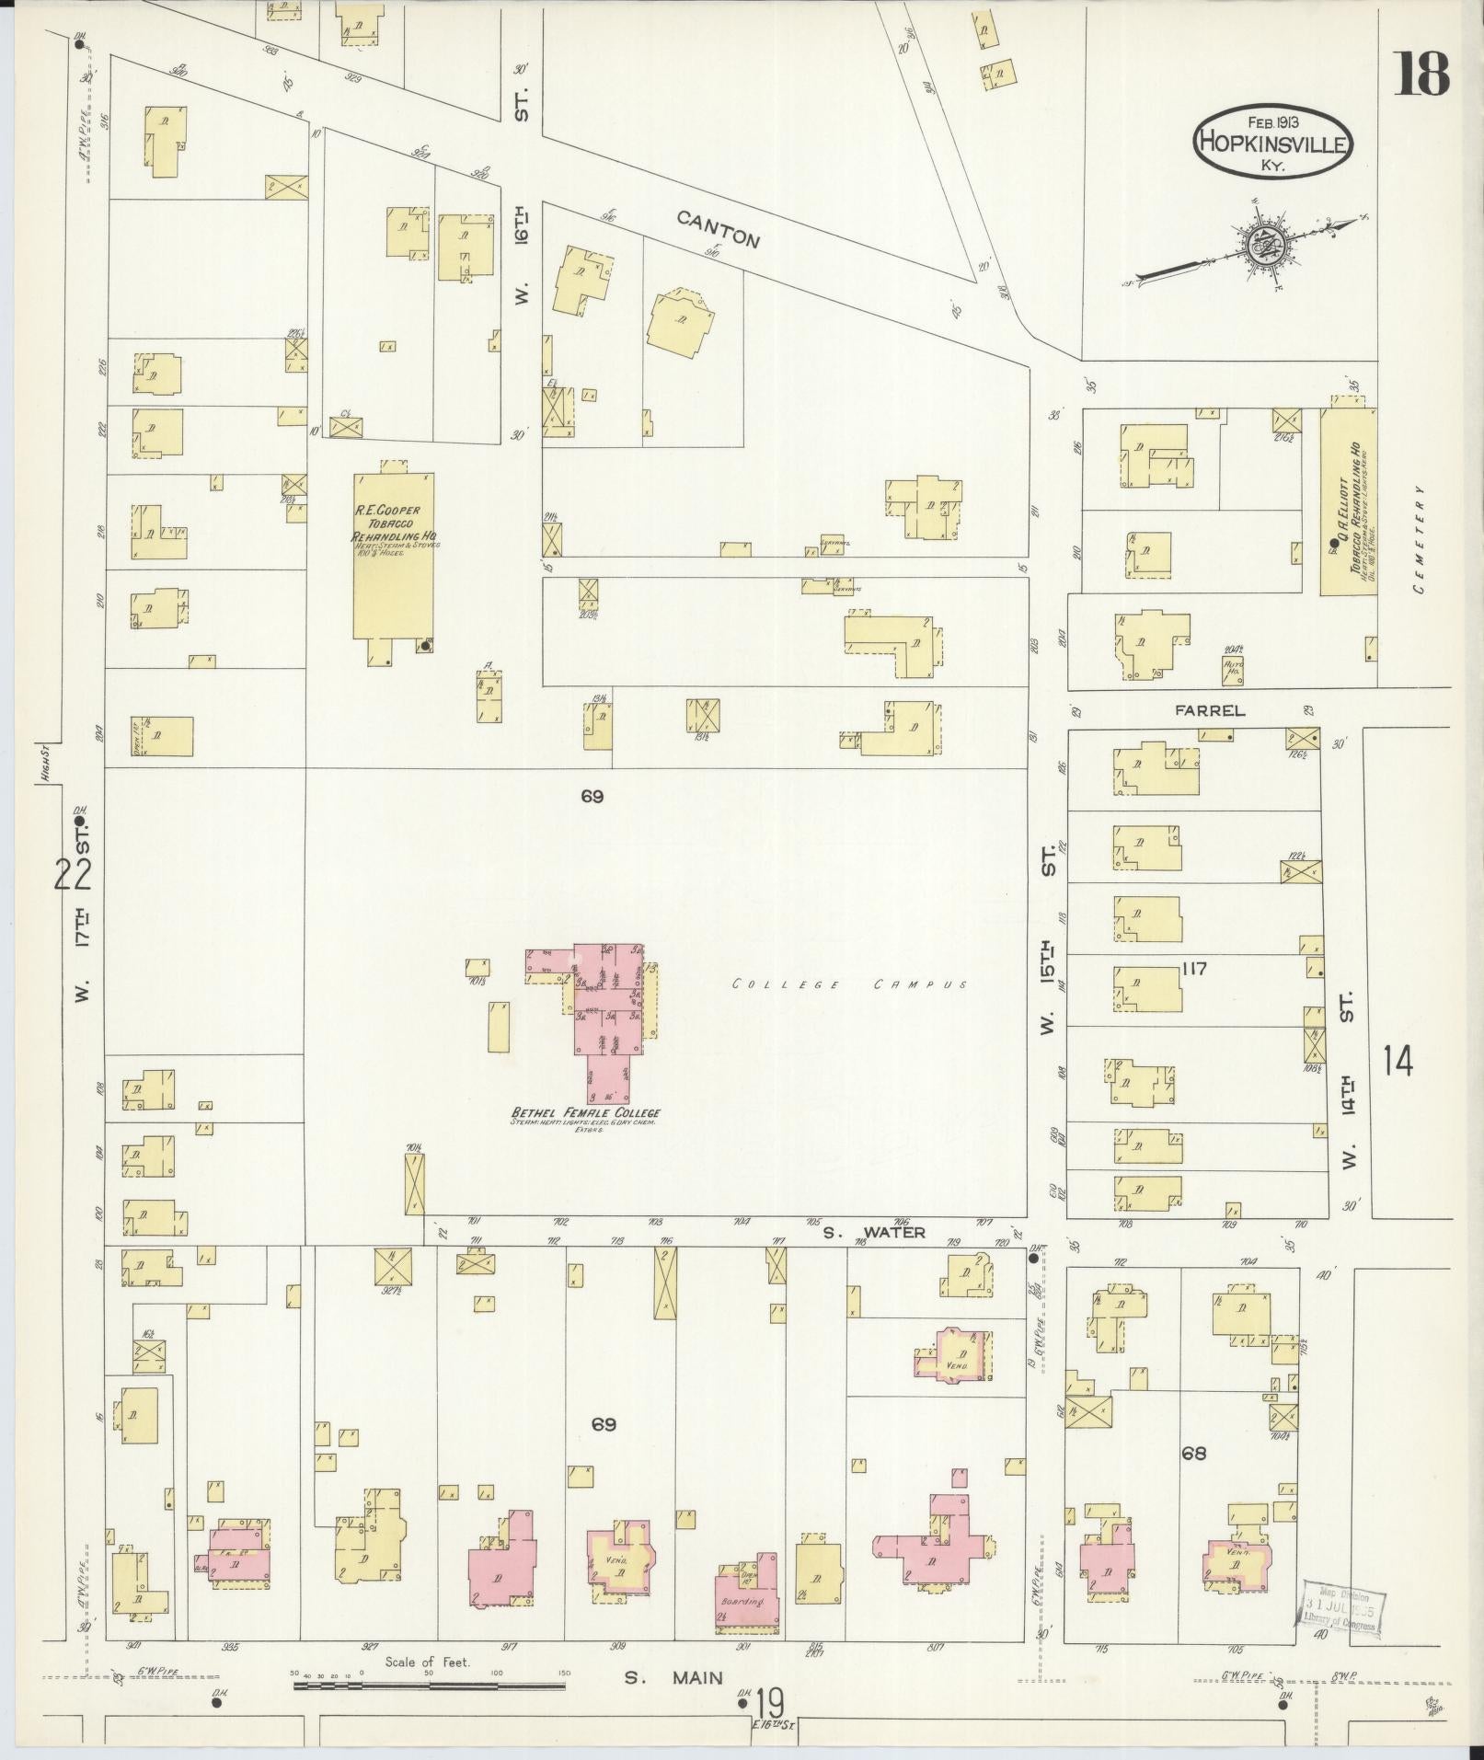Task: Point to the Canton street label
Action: tap(719, 229)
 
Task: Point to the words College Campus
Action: tap(849, 984)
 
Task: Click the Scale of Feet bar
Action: tap(429, 1685)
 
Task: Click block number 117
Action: tap(1195, 968)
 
